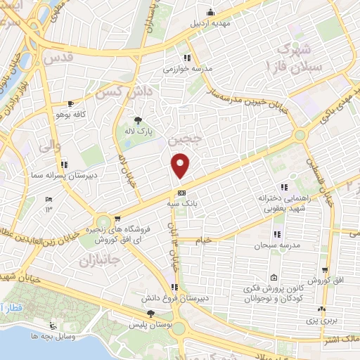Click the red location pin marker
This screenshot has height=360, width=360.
coord(181,165)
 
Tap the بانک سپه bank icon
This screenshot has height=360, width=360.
coord(182,192)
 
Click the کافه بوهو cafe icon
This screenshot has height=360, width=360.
coord(70,103)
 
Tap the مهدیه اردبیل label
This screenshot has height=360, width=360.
coord(210,22)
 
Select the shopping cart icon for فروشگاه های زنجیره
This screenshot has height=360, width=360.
coord(117,219)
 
